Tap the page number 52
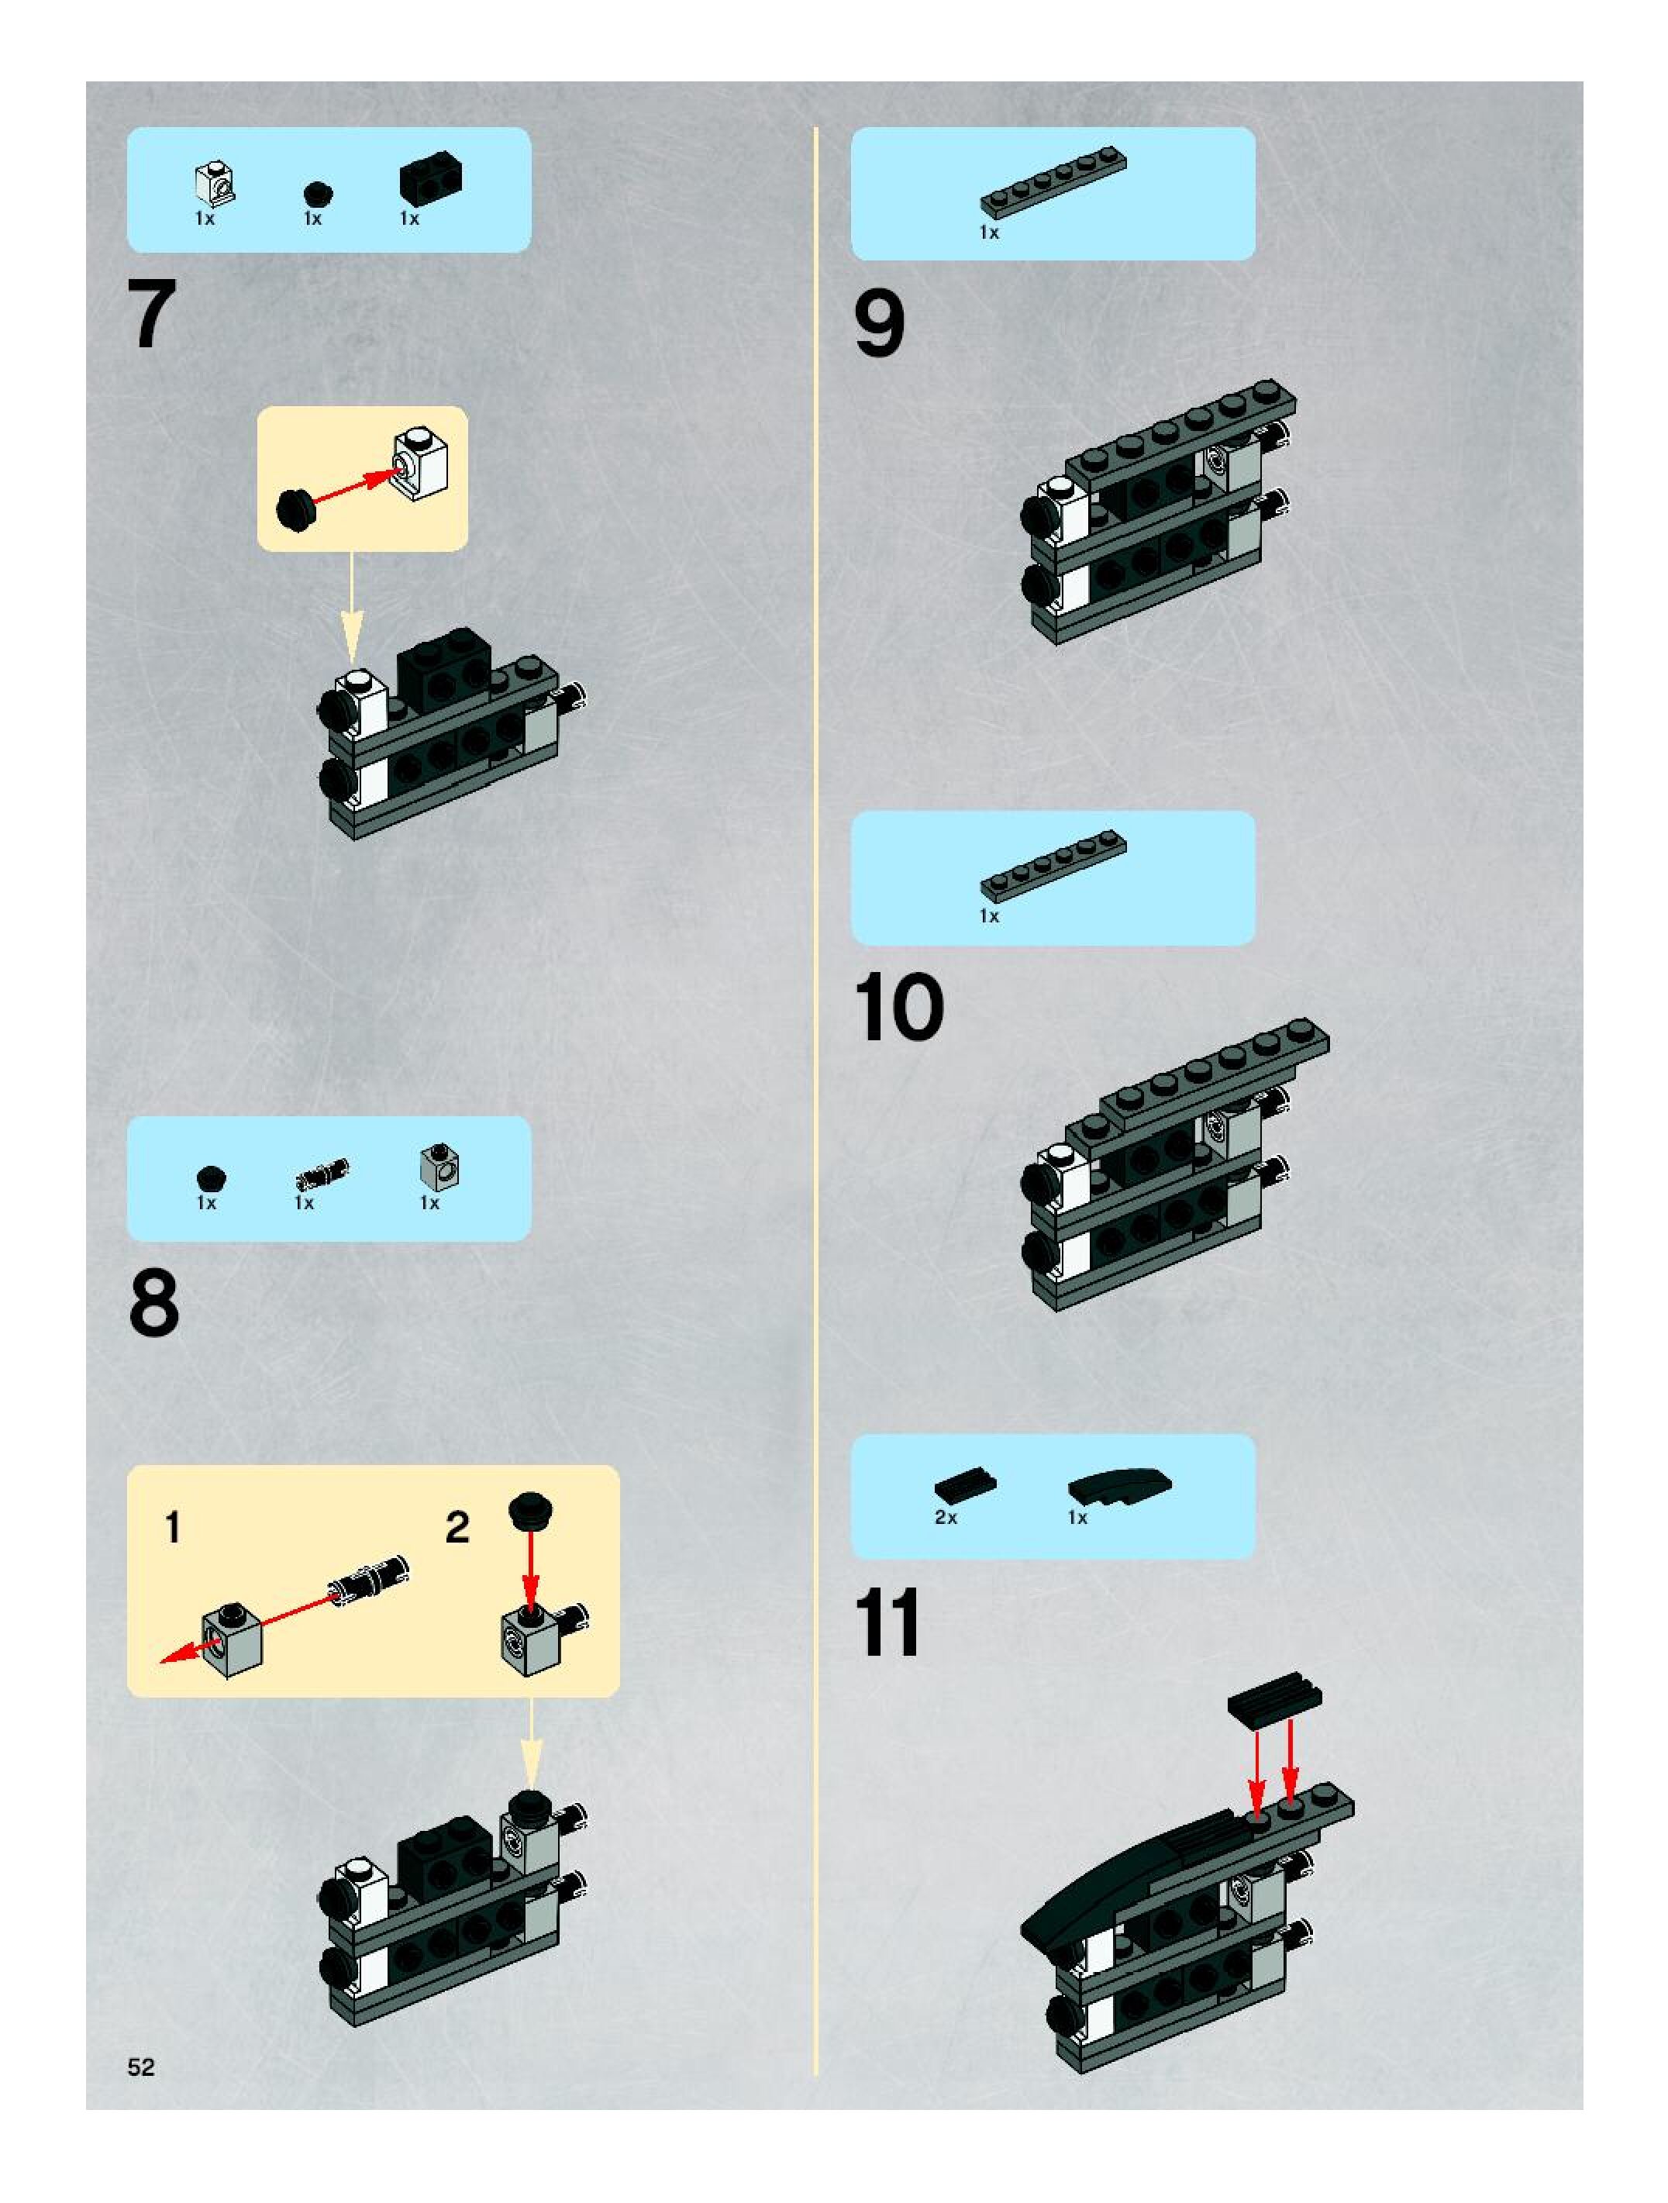[141, 2067]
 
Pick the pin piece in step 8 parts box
[322, 1174]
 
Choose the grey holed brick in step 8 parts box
[439, 1167]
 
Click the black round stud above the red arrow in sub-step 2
[531, 1512]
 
